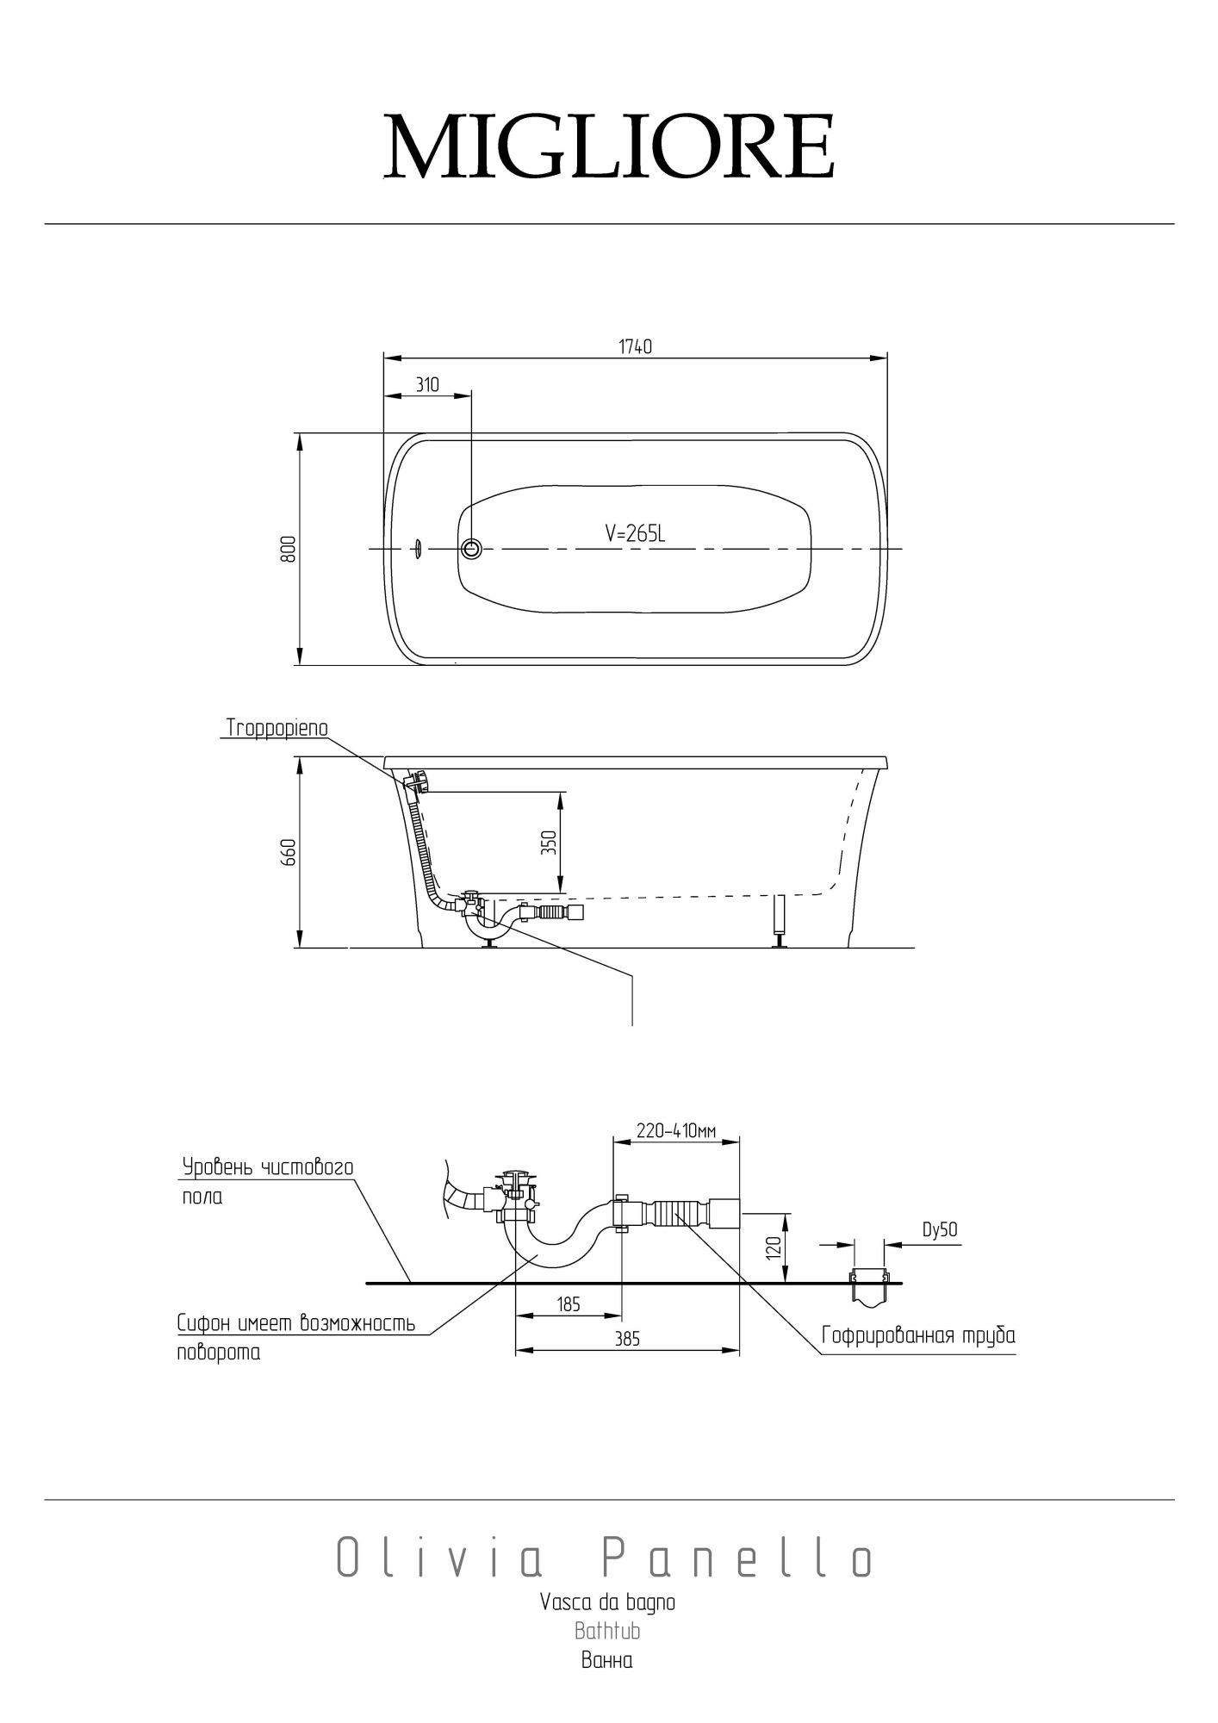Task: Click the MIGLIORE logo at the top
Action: point(609,146)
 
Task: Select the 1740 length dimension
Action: point(635,346)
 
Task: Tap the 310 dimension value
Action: point(427,384)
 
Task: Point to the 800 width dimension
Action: point(289,549)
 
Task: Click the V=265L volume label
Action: point(635,534)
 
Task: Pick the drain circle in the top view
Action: point(471,548)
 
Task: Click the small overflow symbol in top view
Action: point(417,549)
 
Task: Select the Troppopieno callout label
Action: point(277,728)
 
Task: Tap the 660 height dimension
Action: point(289,852)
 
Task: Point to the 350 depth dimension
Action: point(549,842)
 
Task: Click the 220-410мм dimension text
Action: point(676,1130)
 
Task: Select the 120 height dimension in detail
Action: point(773,1247)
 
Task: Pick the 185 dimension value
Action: point(569,1304)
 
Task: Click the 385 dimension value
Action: point(627,1339)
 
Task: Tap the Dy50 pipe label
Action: point(940,1230)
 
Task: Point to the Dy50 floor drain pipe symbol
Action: point(869,1284)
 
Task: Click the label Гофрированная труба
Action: point(918,1336)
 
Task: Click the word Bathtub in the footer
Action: point(607,1631)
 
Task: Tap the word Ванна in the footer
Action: point(607,1660)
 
